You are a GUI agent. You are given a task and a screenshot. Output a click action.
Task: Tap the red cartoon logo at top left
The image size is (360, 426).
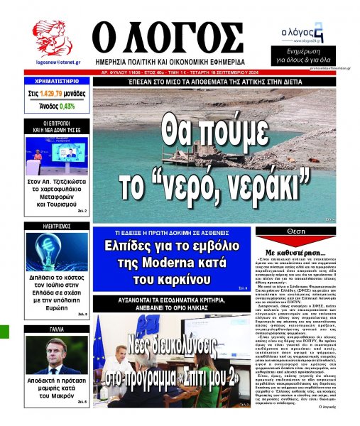pyautogui.click(x=51, y=38)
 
